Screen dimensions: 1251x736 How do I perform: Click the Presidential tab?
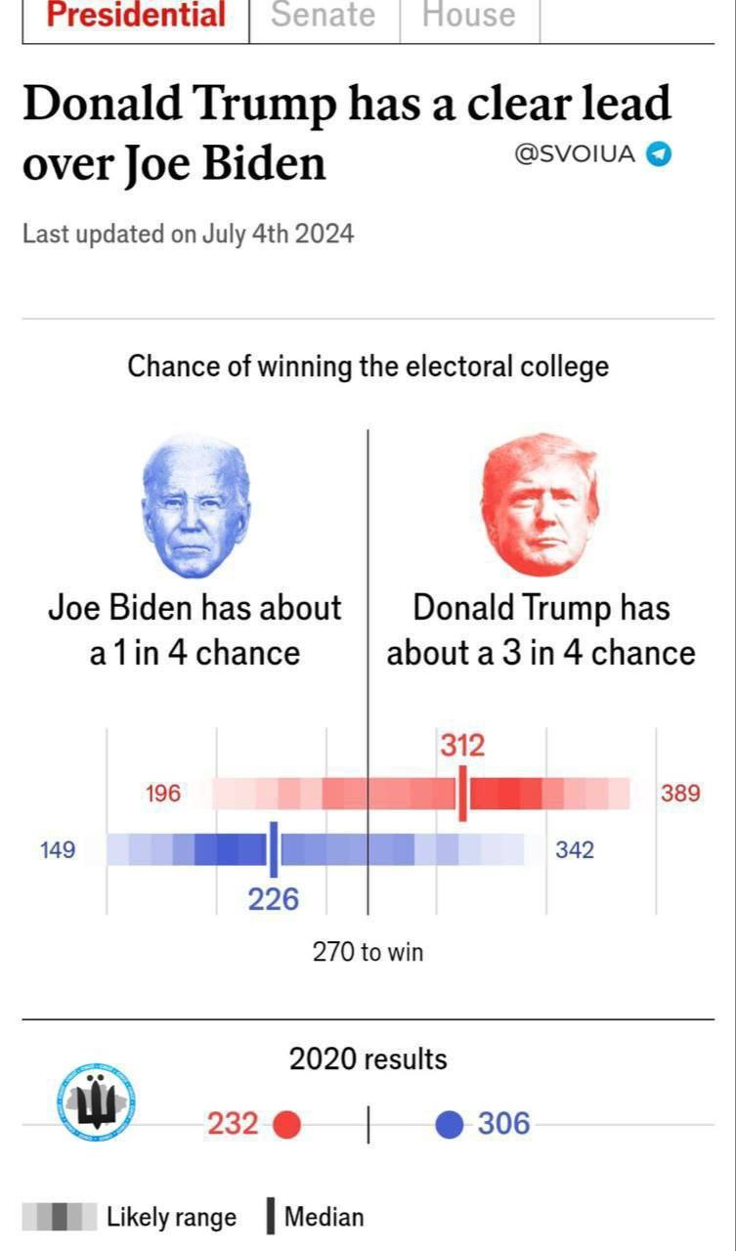pyautogui.click(x=136, y=16)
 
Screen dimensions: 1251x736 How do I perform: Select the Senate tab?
pyautogui.click(x=324, y=16)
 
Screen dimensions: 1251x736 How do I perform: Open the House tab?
pyautogui.click(x=468, y=16)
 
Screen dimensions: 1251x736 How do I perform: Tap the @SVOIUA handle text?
pyautogui.click(x=575, y=154)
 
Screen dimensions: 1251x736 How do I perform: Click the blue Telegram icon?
pyautogui.click(x=661, y=154)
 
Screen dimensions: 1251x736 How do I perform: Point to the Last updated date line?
pyautogui.click(x=188, y=235)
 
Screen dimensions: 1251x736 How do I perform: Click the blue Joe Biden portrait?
pyautogui.click(x=195, y=505)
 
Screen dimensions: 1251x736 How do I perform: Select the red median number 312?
pyautogui.click(x=461, y=747)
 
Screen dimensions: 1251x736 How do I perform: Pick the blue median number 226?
pyautogui.click(x=273, y=899)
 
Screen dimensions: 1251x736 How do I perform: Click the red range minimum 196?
pyautogui.click(x=163, y=794)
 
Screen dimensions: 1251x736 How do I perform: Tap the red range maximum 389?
pyautogui.click(x=680, y=794)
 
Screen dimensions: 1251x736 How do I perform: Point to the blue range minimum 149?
pyautogui.click(x=58, y=850)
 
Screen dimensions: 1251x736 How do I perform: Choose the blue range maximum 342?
pyautogui.click(x=575, y=850)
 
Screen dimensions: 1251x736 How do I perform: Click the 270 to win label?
pyautogui.click(x=368, y=952)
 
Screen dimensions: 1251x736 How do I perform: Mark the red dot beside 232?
pyautogui.click(x=286, y=1125)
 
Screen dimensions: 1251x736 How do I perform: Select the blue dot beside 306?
pyautogui.click(x=449, y=1125)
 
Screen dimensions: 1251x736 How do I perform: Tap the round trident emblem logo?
pyautogui.click(x=96, y=1102)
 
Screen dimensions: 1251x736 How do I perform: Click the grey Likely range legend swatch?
pyautogui.click(x=59, y=1218)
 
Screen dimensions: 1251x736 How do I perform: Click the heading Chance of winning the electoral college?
pyautogui.click(x=368, y=367)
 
